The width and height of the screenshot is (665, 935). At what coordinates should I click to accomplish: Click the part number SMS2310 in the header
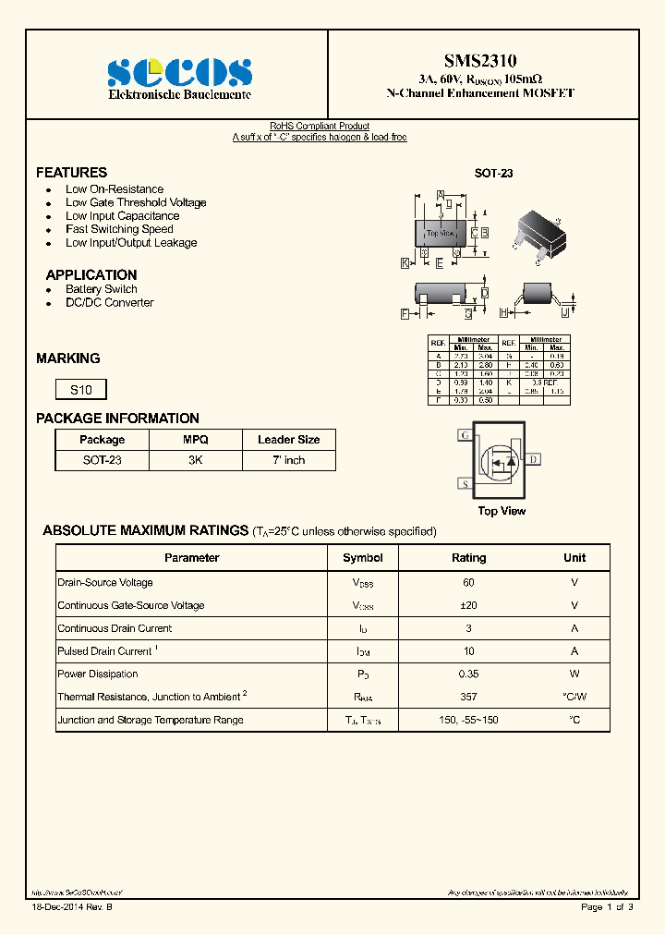pyautogui.click(x=480, y=61)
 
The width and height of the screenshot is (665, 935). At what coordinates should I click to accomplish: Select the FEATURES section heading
pyautogui.click(x=71, y=173)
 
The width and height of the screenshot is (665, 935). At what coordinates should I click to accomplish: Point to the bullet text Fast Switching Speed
pyautogui.click(x=119, y=229)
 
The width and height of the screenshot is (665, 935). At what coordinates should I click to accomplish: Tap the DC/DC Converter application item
pyautogui.click(x=109, y=303)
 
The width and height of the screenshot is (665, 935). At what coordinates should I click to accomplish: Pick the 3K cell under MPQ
pyautogui.click(x=195, y=460)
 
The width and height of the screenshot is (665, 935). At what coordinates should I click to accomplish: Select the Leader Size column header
pyautogui.click(x=288, y=440)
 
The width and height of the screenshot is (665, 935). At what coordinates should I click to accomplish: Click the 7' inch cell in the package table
pyautogui.click(x=288, y=460)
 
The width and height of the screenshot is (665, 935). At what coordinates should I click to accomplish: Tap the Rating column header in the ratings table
pyautogui.click(x=468, y=558)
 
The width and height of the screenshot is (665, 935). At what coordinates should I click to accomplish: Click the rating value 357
pyautogui.click(x=468, y=697)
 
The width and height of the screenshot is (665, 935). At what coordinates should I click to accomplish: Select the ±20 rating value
pyautogui.click(x=468, y=605)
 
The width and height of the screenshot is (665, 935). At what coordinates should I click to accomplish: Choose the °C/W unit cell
pyautogui.click(x=574, y=697)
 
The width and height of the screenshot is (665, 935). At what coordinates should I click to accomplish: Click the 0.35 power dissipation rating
pyautogui.click(x=468, y=674)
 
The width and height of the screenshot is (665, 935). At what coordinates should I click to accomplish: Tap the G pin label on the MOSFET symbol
pyautogui.click(x=465, y=435)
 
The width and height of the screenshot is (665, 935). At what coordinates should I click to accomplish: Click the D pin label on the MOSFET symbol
pyautogui.click(x=534, y=459)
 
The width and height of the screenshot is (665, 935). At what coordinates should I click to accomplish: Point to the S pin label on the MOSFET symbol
pyautogui.click(x=465, y=483)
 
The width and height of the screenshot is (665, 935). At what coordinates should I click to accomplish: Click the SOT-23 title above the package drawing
pyautogui.click(x=493, y=173)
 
